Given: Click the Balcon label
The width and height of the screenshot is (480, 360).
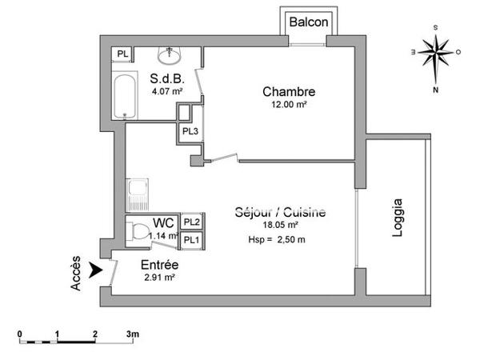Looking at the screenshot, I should click(x=309, y=22).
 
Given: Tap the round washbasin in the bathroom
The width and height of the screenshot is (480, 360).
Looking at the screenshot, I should click(x=170, y=56).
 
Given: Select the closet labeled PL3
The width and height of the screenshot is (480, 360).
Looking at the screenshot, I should click(x=190, y=132).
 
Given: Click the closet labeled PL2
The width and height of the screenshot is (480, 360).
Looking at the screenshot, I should click(x=191, y=222).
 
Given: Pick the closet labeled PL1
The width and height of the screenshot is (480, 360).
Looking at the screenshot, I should click(x=191, y=239).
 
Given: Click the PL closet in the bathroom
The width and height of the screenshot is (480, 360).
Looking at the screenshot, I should click(x=122, y=54).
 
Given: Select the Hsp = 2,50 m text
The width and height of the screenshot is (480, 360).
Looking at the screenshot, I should click(x=277, y=239).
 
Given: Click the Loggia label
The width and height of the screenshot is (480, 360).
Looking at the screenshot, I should click(x=399, y=218).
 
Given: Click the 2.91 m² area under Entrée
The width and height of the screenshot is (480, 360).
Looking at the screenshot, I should click(x=159, y=278).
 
